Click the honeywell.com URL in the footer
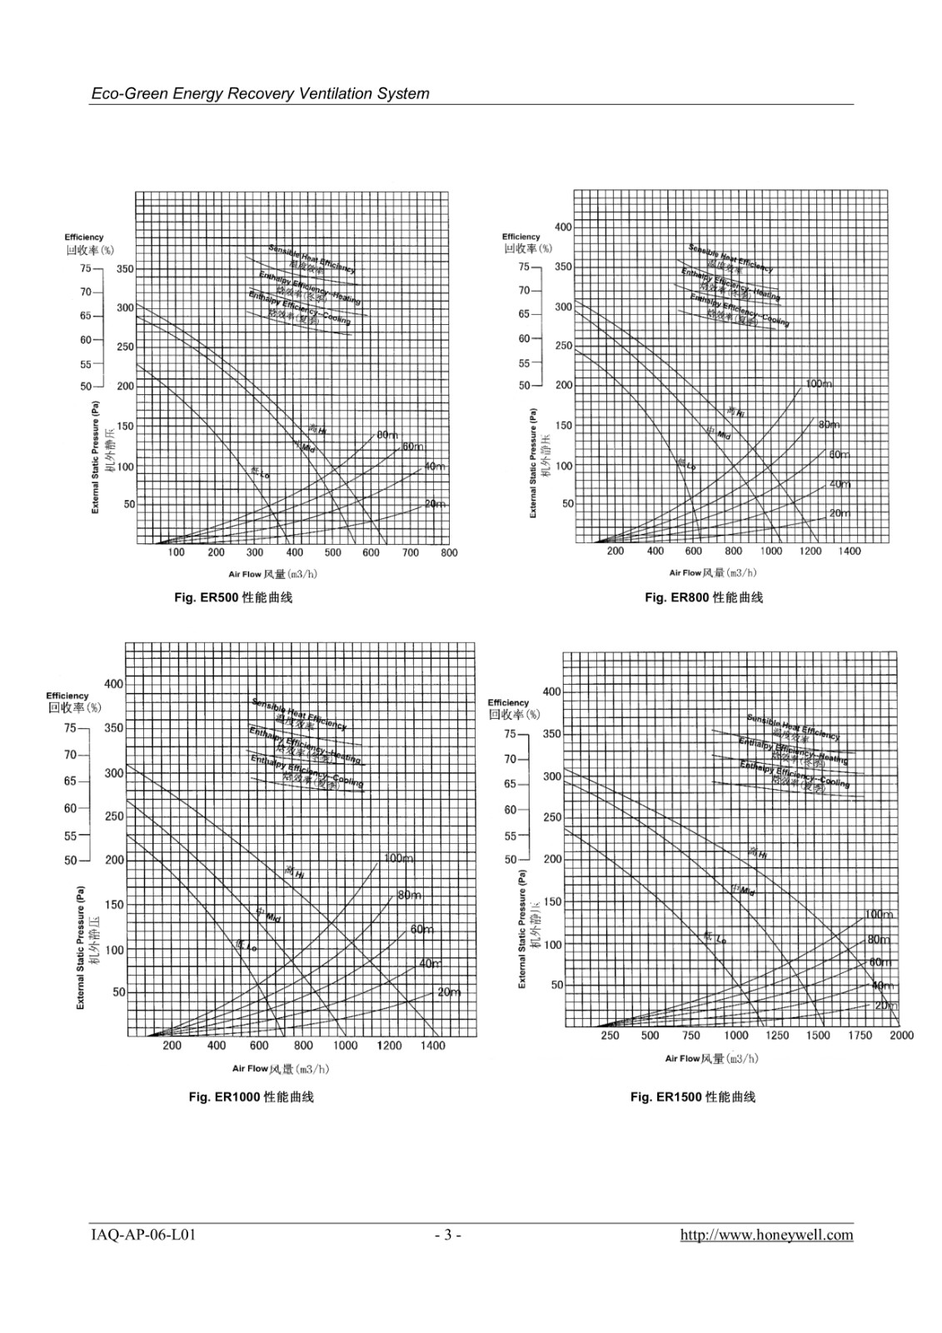pyautogui.click(x=766, y=1235)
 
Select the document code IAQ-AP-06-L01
pyautogui.click(x=142, y=1235)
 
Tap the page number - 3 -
pyautogui.click(x=447, y=1235)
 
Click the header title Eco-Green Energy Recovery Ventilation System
pyautogui.click(x=260, y=93)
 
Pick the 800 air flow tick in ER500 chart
pyautogui.click(x=449, y=552)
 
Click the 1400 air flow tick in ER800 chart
pyautogui.click(x=850, y=551)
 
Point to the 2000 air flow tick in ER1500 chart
pyautogui.click(x=901, y=1036)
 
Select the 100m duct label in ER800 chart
pyautogui.click(x=818, y=384)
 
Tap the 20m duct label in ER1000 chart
pyautogui.click(x=449, y=992)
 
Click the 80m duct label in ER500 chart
pyautogui.click(x=387, y=435)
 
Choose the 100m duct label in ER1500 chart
pyautogui.click(x=878, y=915)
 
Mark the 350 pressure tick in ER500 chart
pyautogui.click(x=125, y=269)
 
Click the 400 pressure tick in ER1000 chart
pyautogui.click(x=113, y=684)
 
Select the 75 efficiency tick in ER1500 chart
pyautogui.click(x=510, y=734)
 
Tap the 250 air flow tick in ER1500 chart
pyautogui.click(x=610, y=1036)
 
